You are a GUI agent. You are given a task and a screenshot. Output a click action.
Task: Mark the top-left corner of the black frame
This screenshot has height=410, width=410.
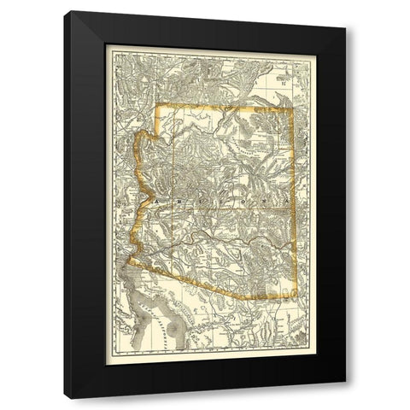point(70,11)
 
